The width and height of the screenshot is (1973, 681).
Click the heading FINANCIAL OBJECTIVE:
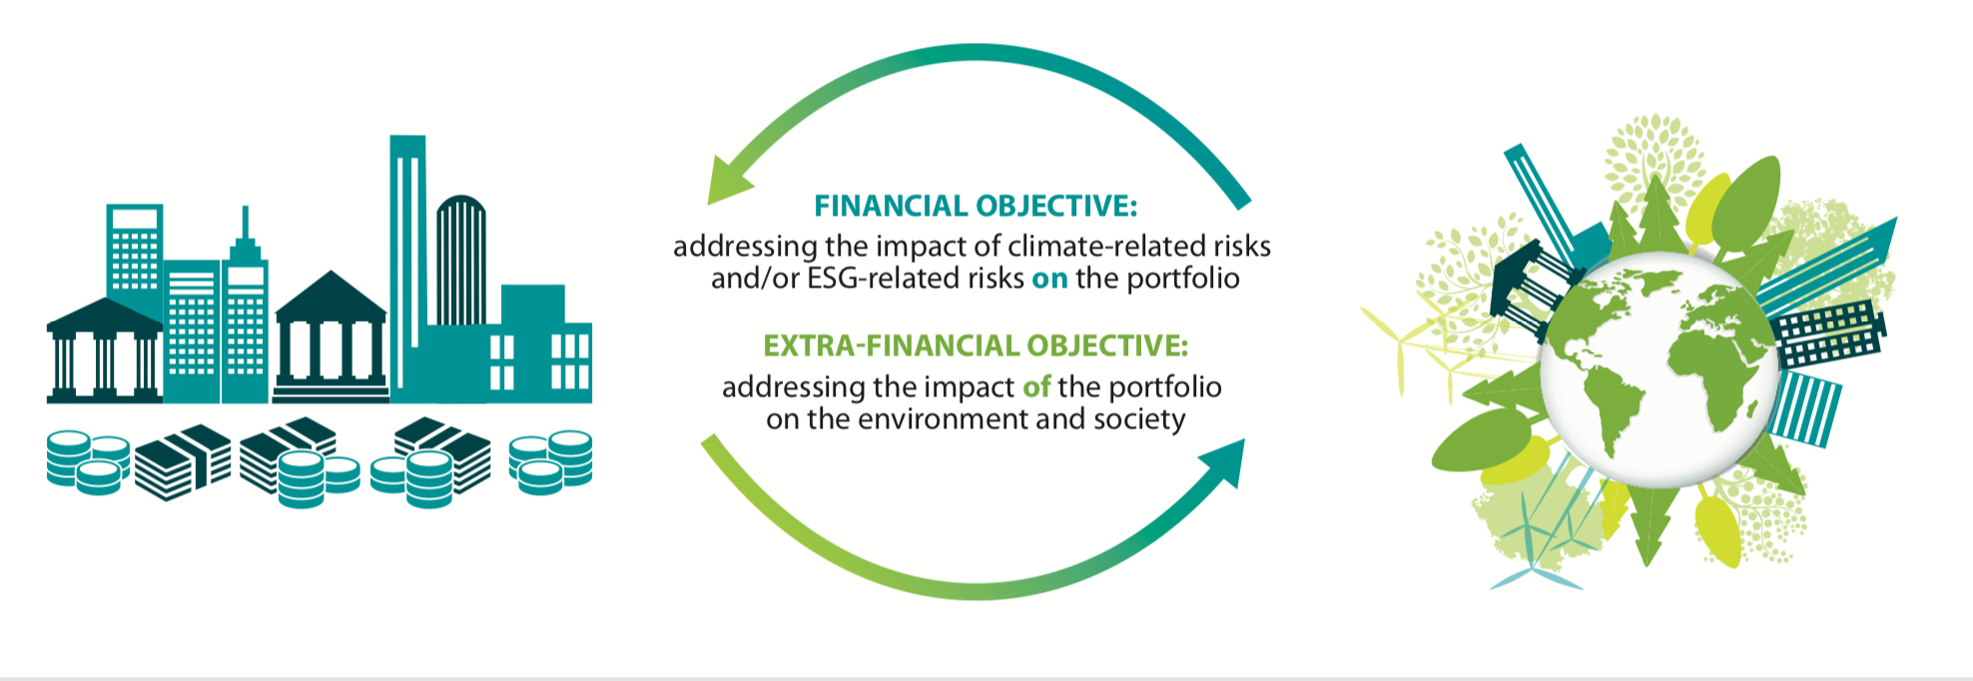[976, 206]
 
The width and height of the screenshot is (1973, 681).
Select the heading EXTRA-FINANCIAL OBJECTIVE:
[976, 345]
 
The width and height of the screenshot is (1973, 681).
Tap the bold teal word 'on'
[1049, 279]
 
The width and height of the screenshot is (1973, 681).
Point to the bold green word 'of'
[1036, 386]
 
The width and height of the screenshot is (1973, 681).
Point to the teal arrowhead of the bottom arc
[1223, 462]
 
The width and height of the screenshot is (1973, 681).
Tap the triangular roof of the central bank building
[330, 294]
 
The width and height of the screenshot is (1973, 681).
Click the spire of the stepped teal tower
[245, 224]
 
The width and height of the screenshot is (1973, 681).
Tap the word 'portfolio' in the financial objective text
[1183, 279]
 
